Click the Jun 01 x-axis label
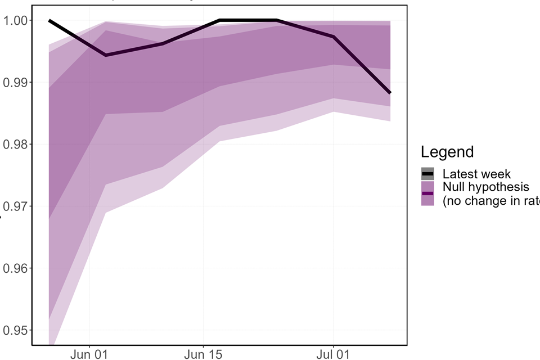(89, 355)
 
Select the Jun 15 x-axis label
(203, 355)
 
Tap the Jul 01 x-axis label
(334, 355)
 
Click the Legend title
(447, 152)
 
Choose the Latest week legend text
(476, 174)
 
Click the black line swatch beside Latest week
(427, 174)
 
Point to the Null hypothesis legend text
(485, 187)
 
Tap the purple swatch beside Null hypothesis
(427, 193)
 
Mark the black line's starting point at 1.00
(49, 20)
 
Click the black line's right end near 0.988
(390, 93)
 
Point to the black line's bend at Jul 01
(334, 37)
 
